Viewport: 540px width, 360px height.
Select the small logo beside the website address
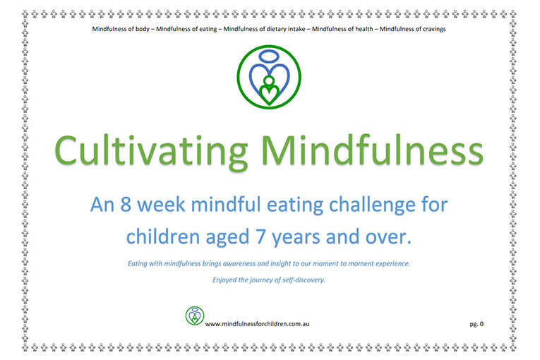pos(194,316)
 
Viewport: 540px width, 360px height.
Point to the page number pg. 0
pos(477,324)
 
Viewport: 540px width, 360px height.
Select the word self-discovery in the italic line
pos(305,280)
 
